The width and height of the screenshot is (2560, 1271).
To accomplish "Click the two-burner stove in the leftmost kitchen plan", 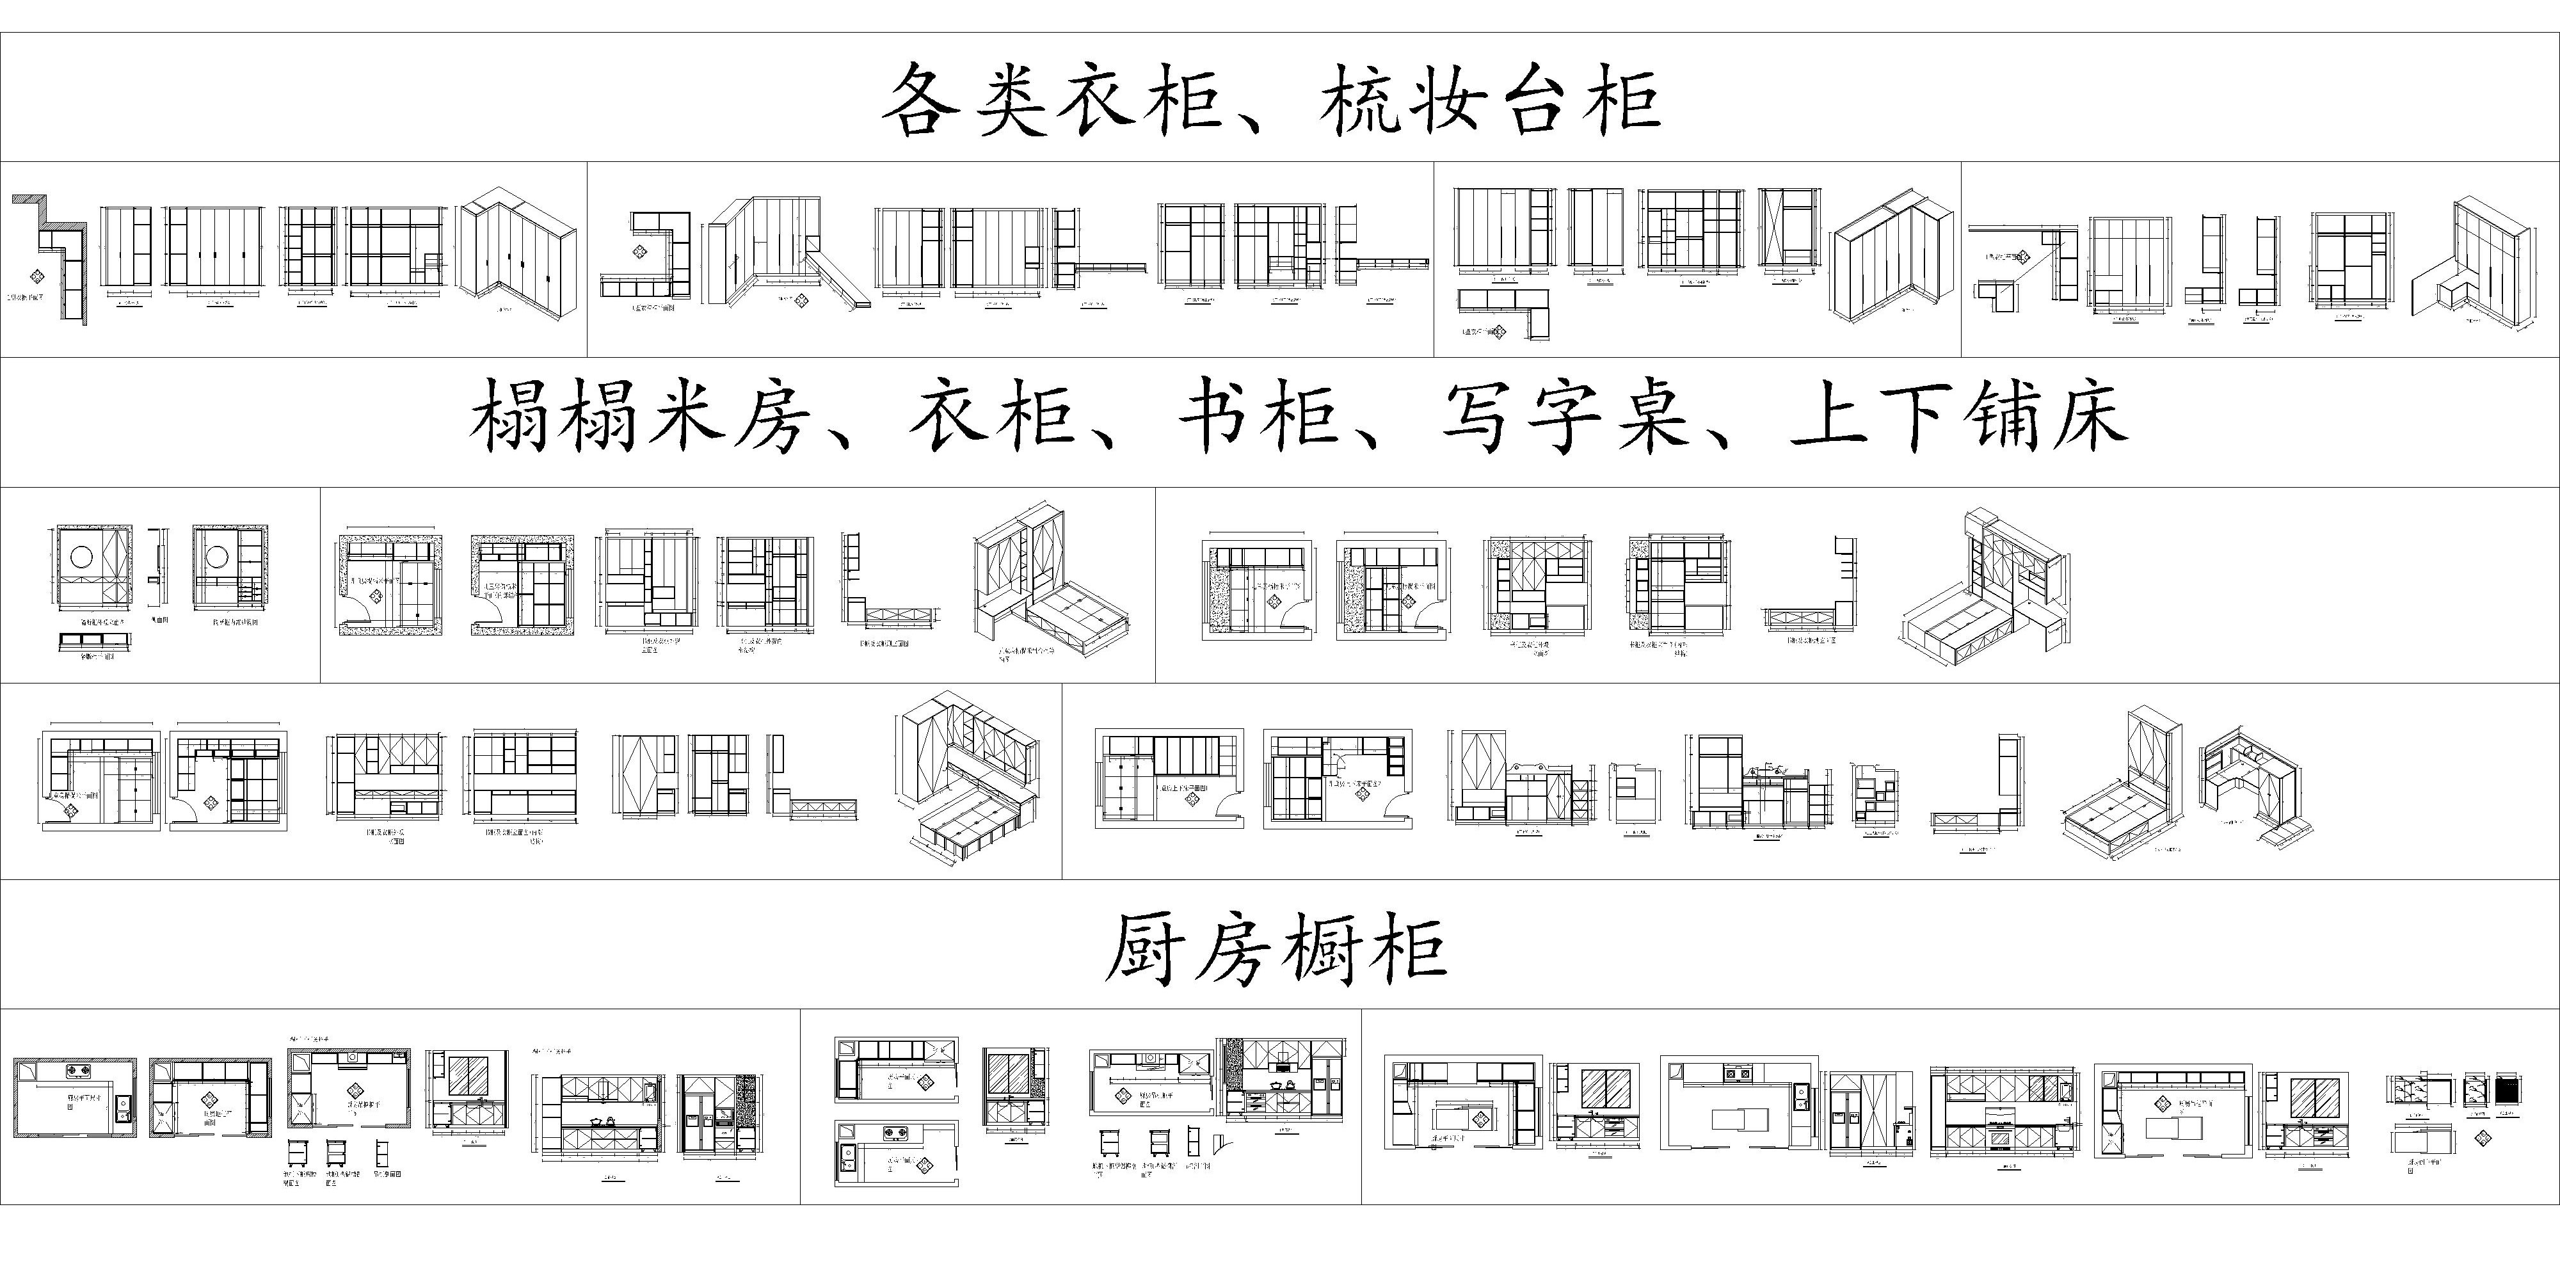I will (77, 1072).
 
